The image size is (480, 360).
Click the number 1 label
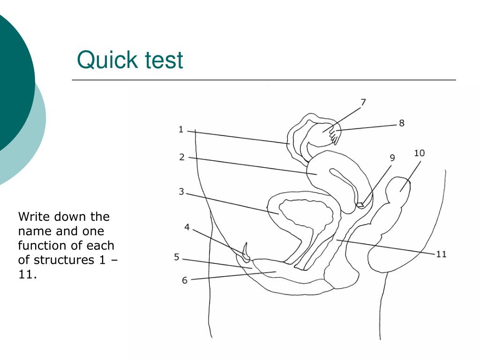pos(181,129)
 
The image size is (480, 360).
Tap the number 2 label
pos(182,157)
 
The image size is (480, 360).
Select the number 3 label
pos(181,192)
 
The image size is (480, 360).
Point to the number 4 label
pos(187,227)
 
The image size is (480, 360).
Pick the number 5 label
pos(177,257)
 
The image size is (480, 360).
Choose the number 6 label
pos(185,280)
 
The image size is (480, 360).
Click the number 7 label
pos(363,102)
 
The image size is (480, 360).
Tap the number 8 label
pos(402,123)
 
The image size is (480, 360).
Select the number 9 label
pos(392,158)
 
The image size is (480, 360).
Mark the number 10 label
pos(420,153)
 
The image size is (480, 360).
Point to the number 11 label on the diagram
pos(441,254)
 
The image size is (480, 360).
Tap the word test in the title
pos(164,60)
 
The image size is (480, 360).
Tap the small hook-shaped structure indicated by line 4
pos(246,252)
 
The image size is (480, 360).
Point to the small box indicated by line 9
pos(360,204)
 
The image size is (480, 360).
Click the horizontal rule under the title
pos(264,80)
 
